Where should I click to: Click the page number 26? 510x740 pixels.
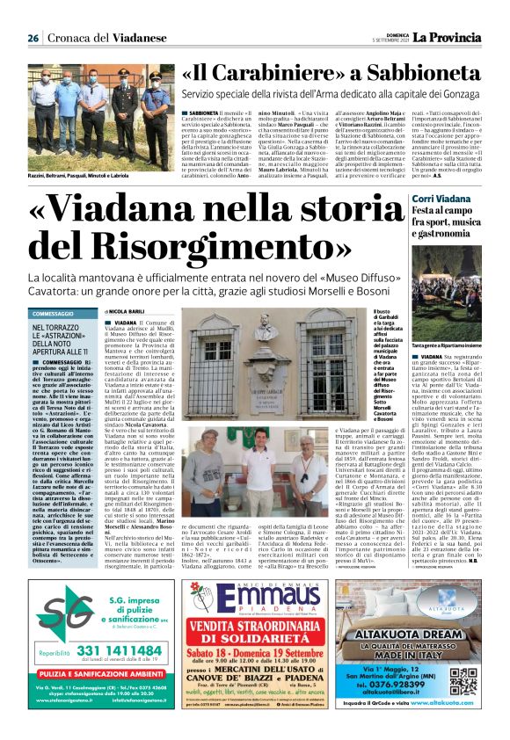33,38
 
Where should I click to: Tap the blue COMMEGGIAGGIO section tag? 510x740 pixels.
52,314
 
